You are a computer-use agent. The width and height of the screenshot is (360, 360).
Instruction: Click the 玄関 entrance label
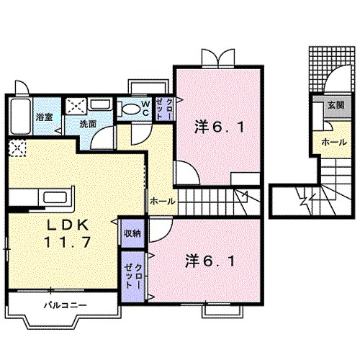336,105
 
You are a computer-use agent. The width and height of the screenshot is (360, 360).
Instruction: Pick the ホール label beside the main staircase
162,202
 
